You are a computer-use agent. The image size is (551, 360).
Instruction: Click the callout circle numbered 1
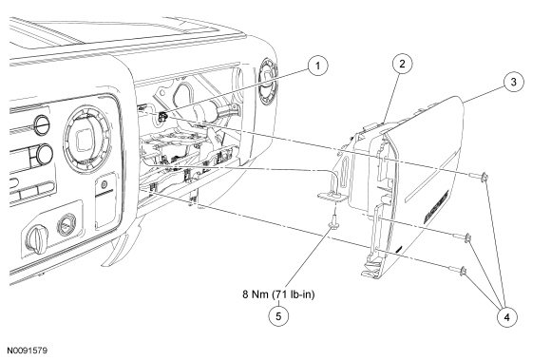tap(317, 66)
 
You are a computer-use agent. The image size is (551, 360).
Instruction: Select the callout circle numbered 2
tap(402, 64)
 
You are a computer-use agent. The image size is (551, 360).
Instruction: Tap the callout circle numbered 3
tap(513, 82)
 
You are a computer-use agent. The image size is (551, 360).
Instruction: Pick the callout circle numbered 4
tap(506, 317)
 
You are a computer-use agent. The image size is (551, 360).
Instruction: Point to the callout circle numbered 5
tap(278, 316)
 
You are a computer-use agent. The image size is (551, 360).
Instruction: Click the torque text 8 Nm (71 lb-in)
tap(278, 294)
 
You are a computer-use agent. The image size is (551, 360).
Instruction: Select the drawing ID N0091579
tap(28, 351)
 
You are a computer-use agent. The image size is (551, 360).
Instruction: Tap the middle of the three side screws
tap(463, 237)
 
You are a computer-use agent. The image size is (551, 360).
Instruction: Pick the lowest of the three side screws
tap(459, 270)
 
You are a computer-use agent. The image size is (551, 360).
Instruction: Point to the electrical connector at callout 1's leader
tap(162, 116)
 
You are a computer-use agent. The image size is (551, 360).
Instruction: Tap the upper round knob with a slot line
tap(42, 124)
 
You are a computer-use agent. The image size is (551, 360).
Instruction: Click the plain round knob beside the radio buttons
tap(44, 154)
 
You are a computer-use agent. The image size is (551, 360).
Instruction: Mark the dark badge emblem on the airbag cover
tap(436, 207)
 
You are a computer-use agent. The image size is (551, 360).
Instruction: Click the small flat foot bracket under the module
tap(332, 196)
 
